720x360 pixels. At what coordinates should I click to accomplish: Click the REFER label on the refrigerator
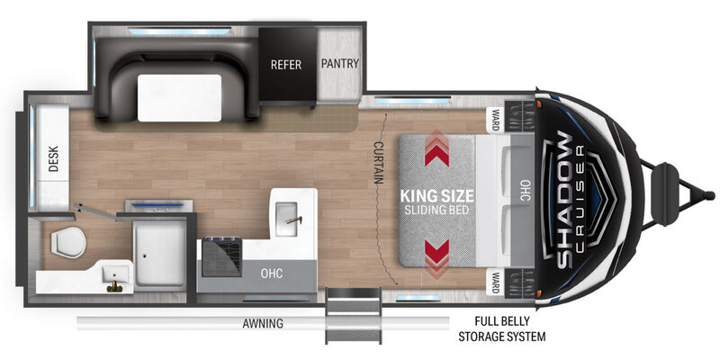pyautogui.click(x=286, y=65)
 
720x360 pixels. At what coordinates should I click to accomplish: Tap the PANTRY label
pyautogui.click(x=340, y=63)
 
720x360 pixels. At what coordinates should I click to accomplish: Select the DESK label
pyautogui.click(x=54, y=159)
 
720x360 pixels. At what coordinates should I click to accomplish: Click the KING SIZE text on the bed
pyautogui.click(x=436, y=196)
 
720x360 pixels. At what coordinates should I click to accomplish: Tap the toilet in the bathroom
pyautogui.click(x=68, y=243)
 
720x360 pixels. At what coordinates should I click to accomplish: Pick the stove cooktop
pyautogui.click(x=221, y=256)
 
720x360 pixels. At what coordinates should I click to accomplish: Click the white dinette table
pyautogui.click(x=179, y=98)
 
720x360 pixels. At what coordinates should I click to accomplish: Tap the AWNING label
pyautogui.click(x=263, y=324)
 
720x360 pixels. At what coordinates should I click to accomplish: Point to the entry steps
pyautogui.click(x=354, y=317)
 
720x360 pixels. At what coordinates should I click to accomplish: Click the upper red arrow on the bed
pyautogui.click(x=436, y=148)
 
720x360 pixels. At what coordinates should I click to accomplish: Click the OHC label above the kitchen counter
pyautogui.click(x=272, y=274)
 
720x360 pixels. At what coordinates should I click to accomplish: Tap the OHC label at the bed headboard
pyautogui.click(x=526, y=190)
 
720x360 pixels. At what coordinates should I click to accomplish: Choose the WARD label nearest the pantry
pyautogui.click(x=496, y=120)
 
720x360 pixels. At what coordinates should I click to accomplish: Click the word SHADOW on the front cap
pyautogui.click(x=565, y=200)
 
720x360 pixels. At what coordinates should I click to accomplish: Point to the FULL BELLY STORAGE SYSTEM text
pyautogui.click(x=502, y=328)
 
